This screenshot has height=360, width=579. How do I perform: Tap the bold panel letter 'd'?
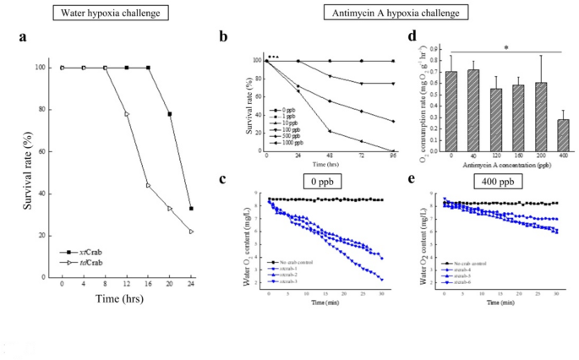coord(412,38)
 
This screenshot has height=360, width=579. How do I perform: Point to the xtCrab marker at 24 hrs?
coord(191,208)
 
